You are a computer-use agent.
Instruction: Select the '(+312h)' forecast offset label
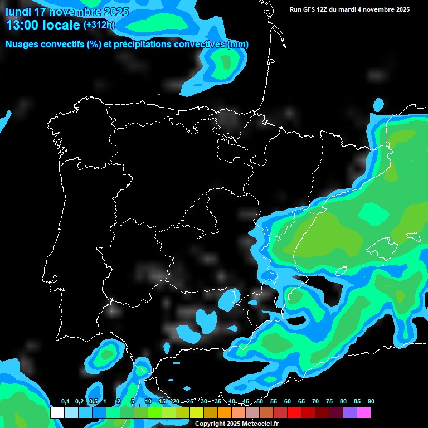[99, 25]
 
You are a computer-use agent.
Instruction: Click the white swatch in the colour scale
[57, 413]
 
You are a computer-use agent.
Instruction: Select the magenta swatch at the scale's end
[363, 413]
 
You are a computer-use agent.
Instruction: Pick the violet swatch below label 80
[349, 413]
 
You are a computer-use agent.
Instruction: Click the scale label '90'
[371, 402]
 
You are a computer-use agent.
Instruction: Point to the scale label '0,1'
[65, 402]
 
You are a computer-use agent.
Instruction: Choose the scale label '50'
[260, 402]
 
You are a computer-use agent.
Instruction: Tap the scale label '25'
[190, 402]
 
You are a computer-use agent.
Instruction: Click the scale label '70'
[315, 402]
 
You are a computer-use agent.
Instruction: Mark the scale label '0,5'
[93, 402]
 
